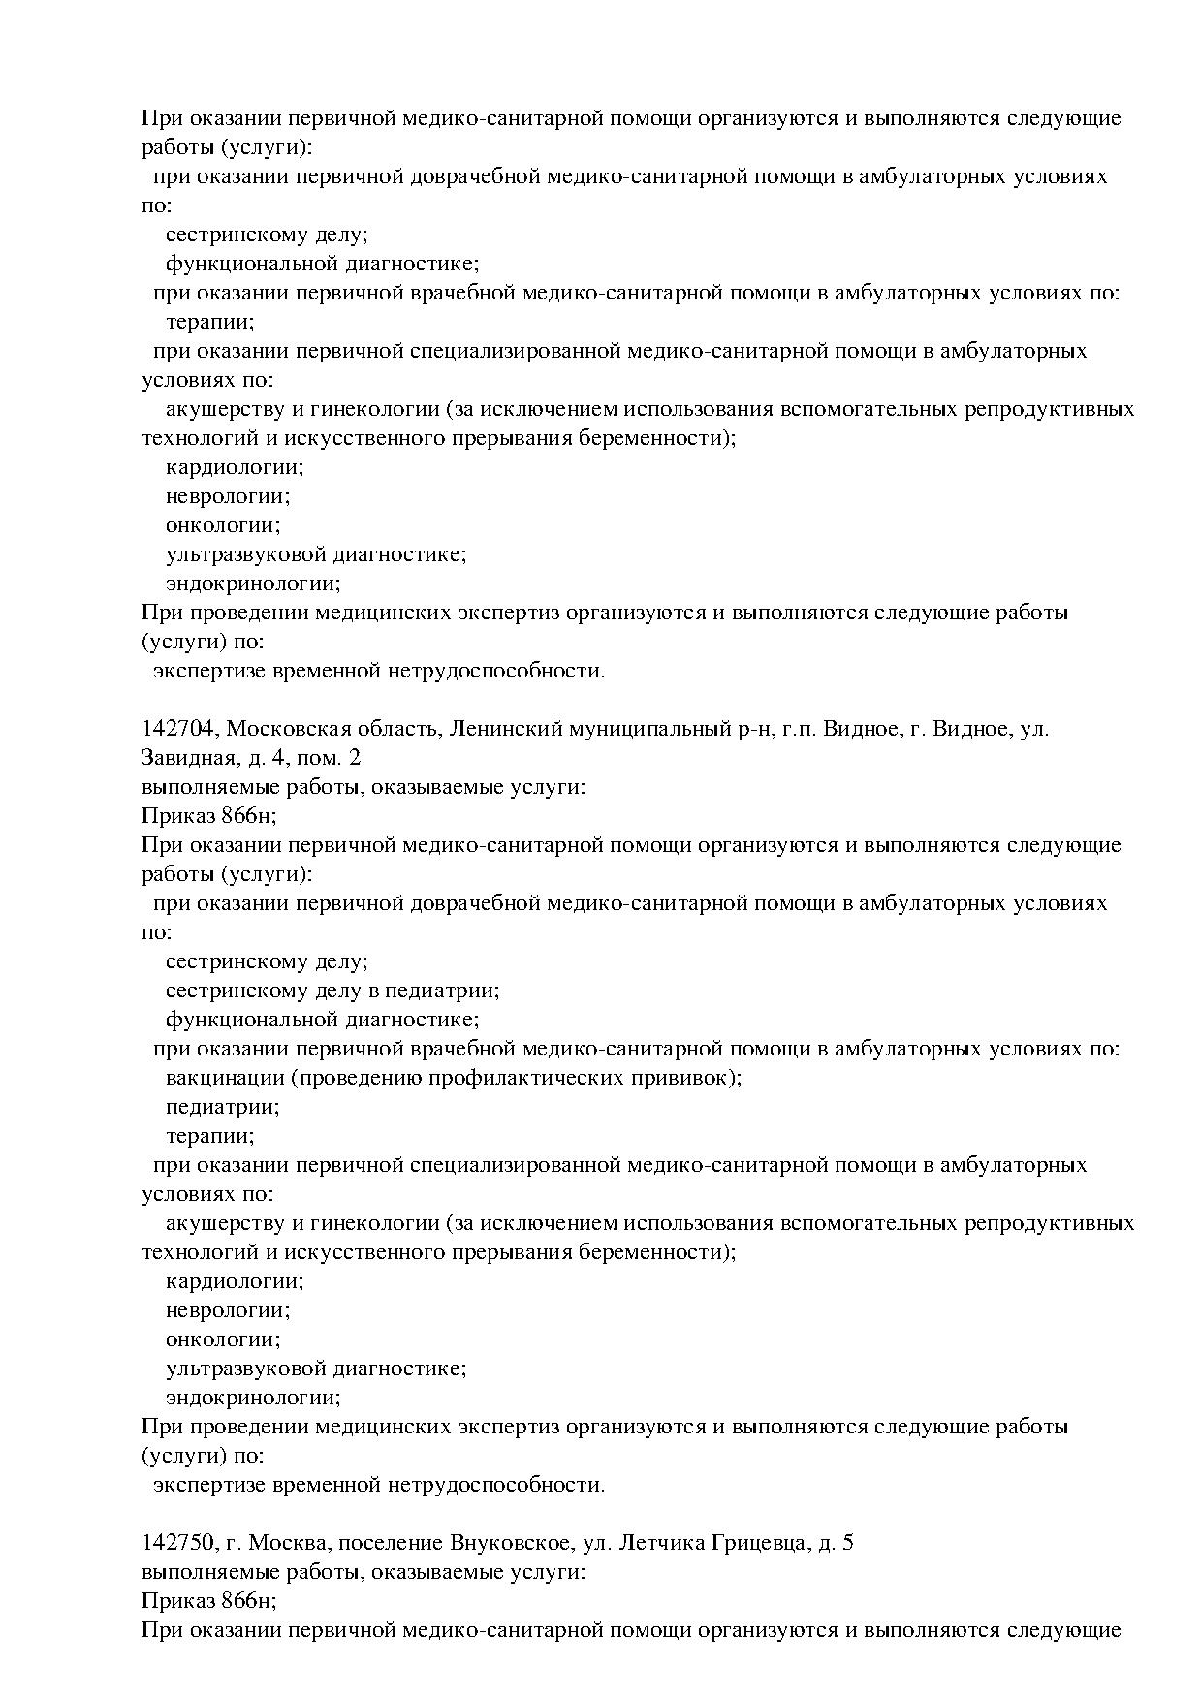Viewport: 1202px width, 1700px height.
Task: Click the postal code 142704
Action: point(179,729)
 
